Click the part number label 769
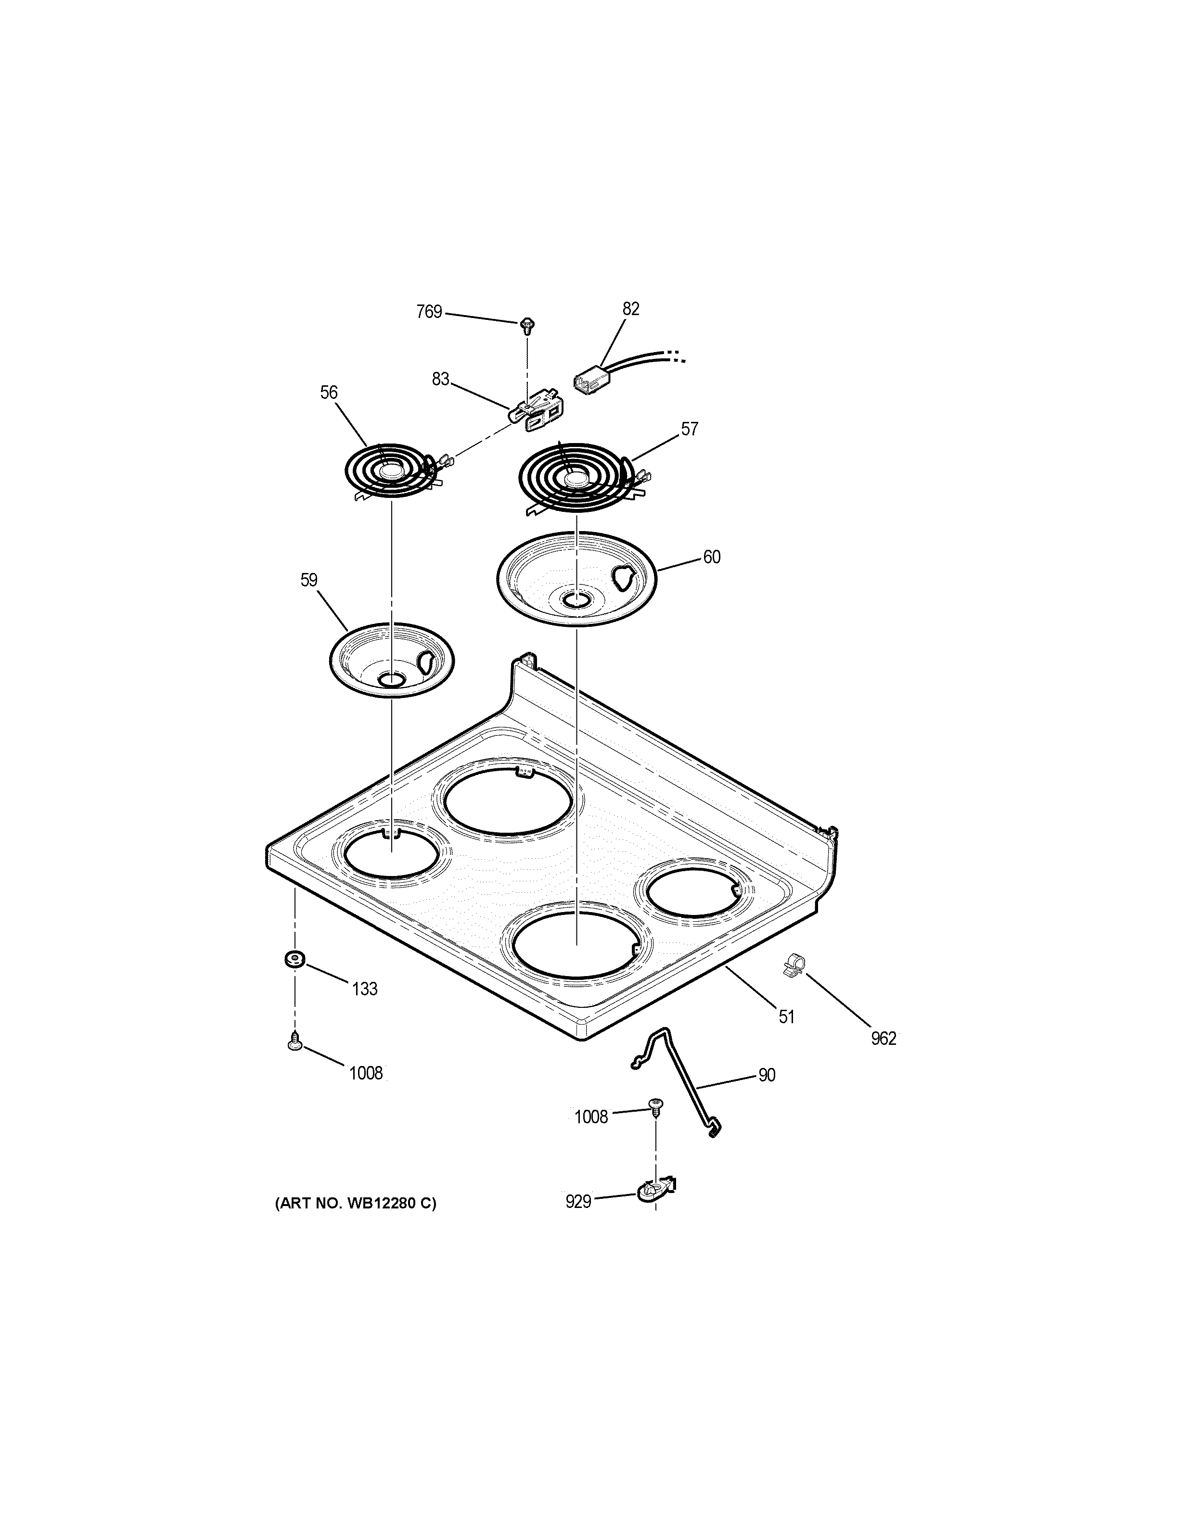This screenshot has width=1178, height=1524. pyautogui.click(x=429, y=312)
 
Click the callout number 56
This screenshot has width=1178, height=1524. pyautogui.click(x=329, y=393)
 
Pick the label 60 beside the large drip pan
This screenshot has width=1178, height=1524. pyautogui.click(x=711, y=557)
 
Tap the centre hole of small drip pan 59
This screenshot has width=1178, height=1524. pyautogui.click(x=392, y=678)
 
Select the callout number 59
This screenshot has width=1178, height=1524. pyautogui.click(x=309, y=580)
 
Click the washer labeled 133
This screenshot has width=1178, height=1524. pyautogui.click(x=294, y=960)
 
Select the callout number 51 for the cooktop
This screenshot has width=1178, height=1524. pyautogui.click(x=786, y=1016)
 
